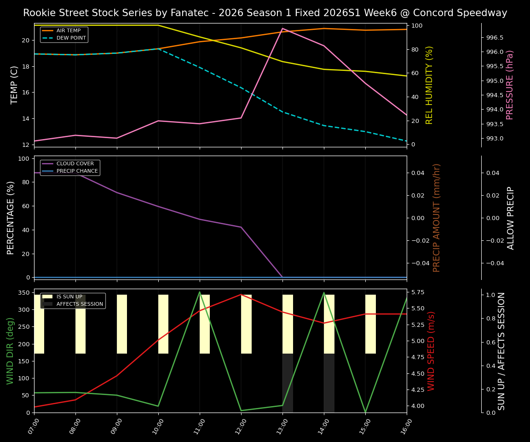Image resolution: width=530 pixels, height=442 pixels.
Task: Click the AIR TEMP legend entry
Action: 68,31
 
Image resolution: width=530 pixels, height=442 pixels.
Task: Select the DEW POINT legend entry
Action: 71,38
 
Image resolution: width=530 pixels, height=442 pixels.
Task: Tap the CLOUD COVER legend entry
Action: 75,164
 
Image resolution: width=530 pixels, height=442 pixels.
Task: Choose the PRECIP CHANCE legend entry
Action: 77,171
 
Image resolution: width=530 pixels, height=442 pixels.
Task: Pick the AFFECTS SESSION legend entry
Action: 80,304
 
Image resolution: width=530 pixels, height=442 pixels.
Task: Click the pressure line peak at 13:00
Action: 282,29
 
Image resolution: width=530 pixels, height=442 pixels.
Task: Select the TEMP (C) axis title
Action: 15,85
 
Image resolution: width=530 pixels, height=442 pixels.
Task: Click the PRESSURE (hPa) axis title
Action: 510,85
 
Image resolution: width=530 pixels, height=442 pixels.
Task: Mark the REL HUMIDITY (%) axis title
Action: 430,85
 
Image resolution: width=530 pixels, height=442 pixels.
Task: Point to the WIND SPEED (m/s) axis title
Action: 431,351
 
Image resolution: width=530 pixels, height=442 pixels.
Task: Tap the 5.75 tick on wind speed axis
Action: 419,292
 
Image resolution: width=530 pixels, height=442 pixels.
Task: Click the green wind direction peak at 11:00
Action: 200,292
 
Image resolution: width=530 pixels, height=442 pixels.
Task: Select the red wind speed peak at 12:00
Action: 241,294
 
